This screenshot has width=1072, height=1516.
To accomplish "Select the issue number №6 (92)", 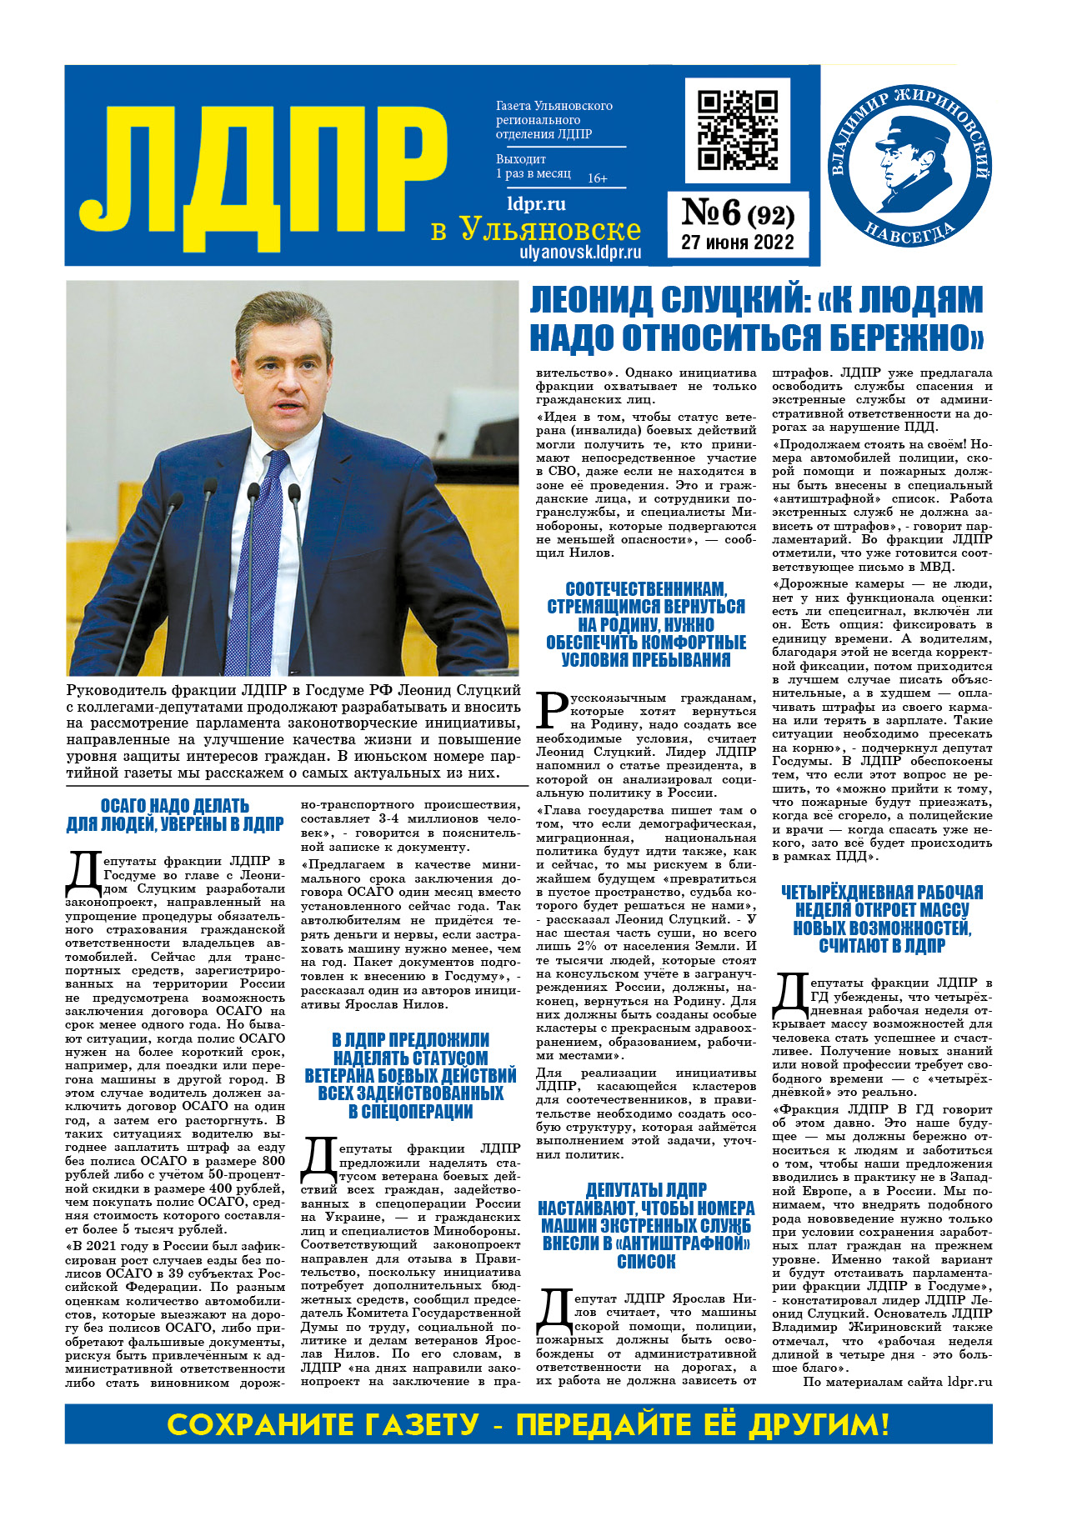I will click(x=738, y=214).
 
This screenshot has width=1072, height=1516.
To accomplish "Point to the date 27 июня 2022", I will click(x=738, y=243).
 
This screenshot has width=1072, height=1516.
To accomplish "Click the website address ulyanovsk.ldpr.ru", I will click(x=580, y=252).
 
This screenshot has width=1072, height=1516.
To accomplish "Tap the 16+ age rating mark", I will click(x=598, y=178).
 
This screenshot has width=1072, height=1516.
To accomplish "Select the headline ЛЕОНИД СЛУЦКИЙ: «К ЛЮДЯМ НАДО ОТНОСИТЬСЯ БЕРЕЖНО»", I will click(x=757, y=318).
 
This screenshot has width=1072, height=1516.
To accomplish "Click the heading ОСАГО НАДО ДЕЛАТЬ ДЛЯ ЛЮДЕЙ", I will click(x=175, y=815).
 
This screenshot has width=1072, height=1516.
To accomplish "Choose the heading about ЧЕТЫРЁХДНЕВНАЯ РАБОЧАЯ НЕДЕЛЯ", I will click(x=882, y=918).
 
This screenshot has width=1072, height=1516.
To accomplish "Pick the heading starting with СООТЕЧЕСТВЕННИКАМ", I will click(x=646, y=624).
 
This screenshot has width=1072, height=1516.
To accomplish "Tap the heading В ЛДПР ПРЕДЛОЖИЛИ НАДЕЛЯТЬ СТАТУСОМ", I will click(x=411, y=1075).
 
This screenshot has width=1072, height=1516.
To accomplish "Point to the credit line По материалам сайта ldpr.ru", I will click(x=897, y=1382).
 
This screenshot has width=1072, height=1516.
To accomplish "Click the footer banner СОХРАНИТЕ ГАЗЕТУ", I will click(x=528, y=1424).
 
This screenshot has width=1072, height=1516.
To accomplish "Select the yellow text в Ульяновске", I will click(x=536, y=229).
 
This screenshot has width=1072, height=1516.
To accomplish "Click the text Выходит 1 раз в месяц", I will click(x=533, y=166).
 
